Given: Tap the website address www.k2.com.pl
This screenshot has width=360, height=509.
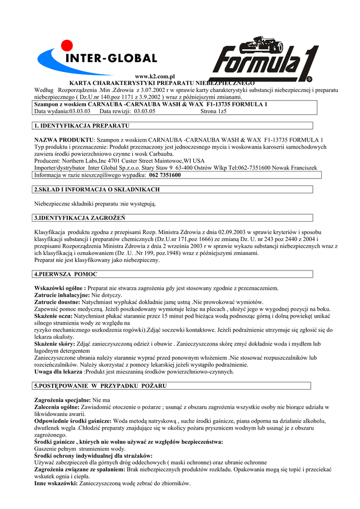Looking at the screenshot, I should click(156, 76).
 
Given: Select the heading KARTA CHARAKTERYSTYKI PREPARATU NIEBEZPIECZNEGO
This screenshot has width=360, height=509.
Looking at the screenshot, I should click(162, 83).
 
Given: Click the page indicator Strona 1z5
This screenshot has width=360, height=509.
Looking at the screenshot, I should click(213, 111).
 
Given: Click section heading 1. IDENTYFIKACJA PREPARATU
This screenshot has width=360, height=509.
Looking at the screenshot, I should click(82, 125).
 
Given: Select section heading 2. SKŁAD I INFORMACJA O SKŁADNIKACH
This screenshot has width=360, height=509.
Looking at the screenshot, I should click(96, 189).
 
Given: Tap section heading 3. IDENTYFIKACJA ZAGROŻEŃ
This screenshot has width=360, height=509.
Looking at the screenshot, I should click(80, 218).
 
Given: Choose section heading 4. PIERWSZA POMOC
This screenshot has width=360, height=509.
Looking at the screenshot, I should click(66, 274).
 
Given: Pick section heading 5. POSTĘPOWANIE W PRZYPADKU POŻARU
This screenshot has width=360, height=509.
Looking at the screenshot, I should click(100, 386).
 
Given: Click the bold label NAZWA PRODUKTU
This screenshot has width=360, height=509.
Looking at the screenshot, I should click(64, 140).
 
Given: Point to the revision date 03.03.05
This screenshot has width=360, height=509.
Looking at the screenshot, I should click(142, 111).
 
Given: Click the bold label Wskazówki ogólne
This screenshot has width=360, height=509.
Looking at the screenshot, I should click(60, 288).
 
